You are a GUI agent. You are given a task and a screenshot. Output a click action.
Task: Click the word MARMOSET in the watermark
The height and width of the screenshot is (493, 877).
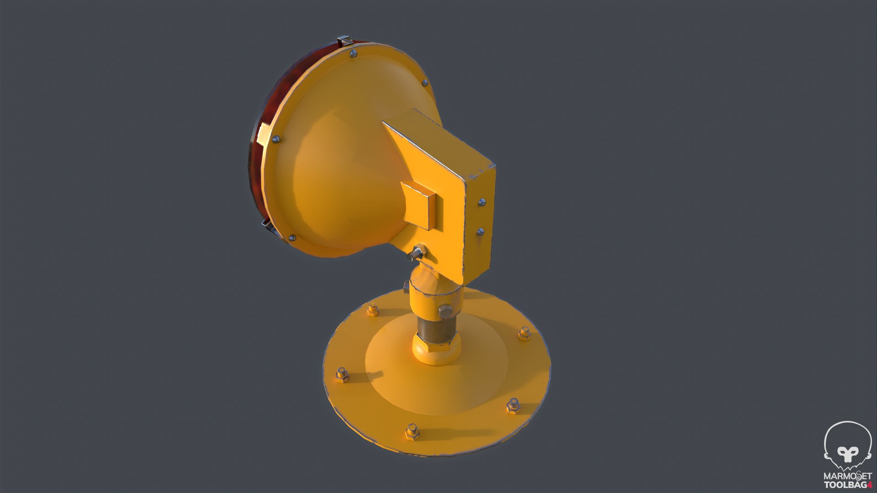point(847,477)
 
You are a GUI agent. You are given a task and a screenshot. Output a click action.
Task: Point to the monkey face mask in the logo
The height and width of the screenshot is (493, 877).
point(848,454)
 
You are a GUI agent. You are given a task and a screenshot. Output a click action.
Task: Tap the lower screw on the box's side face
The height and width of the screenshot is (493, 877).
point(480,232)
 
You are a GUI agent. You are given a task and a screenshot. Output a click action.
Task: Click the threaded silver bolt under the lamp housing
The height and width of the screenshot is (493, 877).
point(416,252)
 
